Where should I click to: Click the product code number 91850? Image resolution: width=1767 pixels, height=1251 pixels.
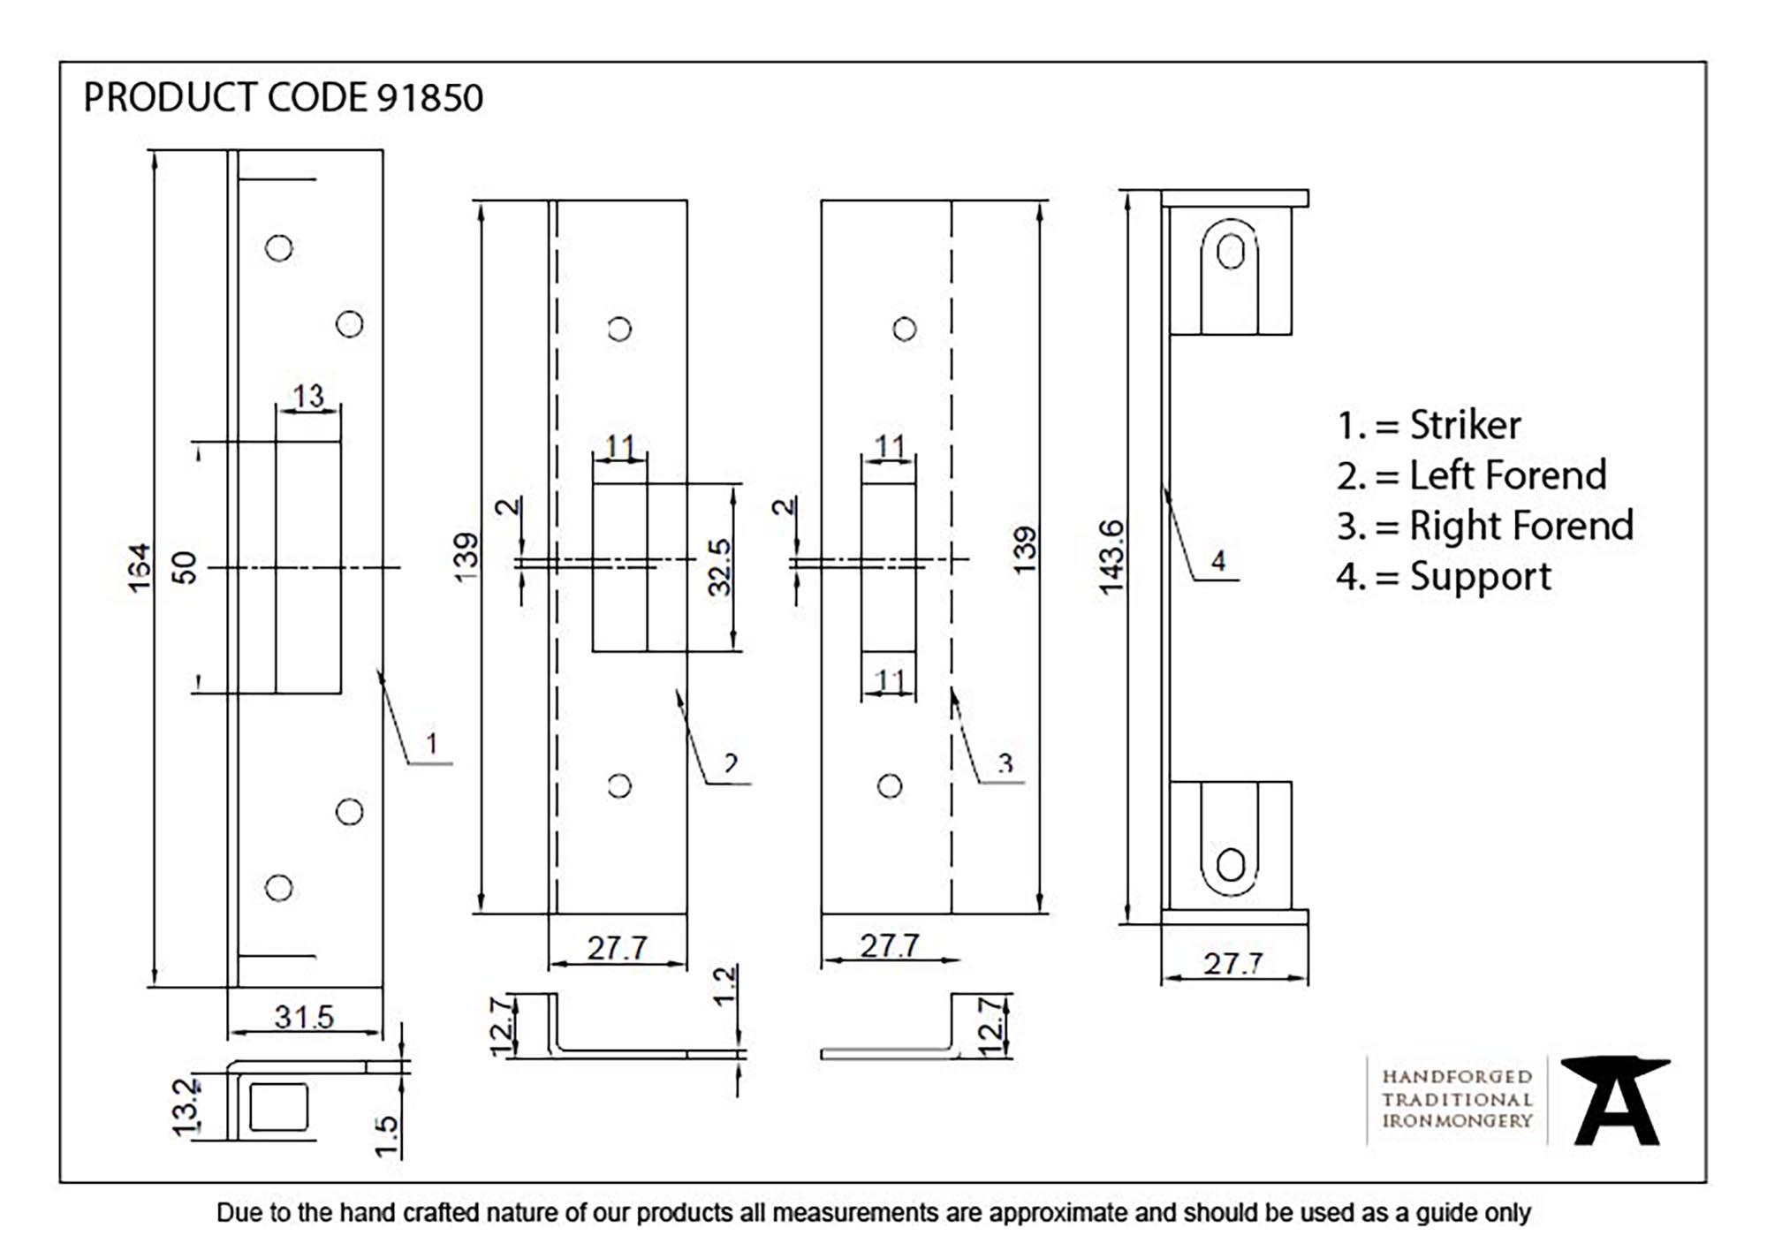tap(430, 98)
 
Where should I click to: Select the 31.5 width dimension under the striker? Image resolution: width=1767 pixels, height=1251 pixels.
tap(304, 1017)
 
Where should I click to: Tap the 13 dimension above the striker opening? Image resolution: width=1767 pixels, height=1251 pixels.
tap(308, 396)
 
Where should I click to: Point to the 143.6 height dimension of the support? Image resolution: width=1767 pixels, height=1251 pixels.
tap(1111, 557)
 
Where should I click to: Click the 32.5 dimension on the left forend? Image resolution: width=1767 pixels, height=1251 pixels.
tap(720, 567)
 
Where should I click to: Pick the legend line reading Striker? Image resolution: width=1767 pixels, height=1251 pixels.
tap(1429, 426)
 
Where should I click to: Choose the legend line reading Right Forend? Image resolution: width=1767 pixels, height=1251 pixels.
tap(1484, 527)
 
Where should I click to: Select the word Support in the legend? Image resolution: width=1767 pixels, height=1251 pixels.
tap(1480, 577)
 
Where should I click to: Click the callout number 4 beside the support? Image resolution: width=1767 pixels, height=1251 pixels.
tap(1218, 561)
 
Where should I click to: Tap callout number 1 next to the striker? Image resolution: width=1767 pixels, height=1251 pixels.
tap(431, 743)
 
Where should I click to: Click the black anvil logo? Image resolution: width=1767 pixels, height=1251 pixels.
tap(1616, 1101)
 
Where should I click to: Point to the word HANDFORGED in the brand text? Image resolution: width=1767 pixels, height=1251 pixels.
tap(1457, 1077)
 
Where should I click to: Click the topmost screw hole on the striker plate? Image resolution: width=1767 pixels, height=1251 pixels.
tap(278, 248)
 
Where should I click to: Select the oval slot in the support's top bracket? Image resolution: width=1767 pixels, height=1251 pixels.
tap(1230, 252)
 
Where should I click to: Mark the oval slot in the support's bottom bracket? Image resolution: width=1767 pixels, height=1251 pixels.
tap(1230, 865)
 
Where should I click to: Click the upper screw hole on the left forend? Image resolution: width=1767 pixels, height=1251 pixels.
tap(619, 330)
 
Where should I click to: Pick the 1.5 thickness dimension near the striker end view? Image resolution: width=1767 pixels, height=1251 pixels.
tap(386, 1136)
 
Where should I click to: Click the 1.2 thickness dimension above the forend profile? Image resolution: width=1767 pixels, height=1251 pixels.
tap(724, 986)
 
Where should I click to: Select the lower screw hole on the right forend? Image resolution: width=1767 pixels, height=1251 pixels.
tap(890, 786)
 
